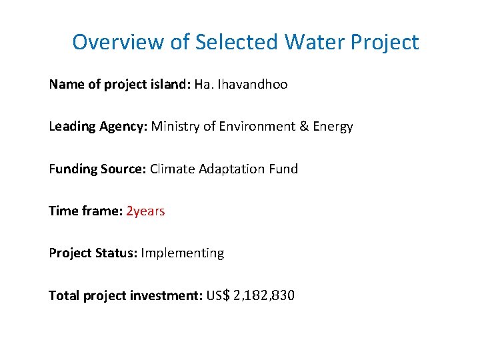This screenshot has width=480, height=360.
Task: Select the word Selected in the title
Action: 237,43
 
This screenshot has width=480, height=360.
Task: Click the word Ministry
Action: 175,127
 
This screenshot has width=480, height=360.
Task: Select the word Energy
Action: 331,127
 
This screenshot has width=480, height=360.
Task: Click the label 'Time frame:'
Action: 85,211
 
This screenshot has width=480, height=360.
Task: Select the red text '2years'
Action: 145,211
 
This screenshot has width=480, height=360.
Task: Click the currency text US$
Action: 219,295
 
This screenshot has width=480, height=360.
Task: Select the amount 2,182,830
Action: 264,295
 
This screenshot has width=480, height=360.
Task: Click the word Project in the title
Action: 386,43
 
